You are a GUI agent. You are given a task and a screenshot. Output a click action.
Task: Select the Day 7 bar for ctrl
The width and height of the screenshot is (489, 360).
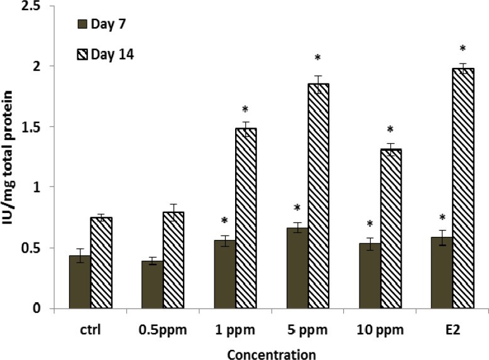tap(79, 282)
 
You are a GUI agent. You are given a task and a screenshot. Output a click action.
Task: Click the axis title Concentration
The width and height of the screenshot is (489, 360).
tap(272, 354)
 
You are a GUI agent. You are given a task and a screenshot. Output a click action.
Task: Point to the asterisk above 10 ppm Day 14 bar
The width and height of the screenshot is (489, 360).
tap(390, 130)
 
